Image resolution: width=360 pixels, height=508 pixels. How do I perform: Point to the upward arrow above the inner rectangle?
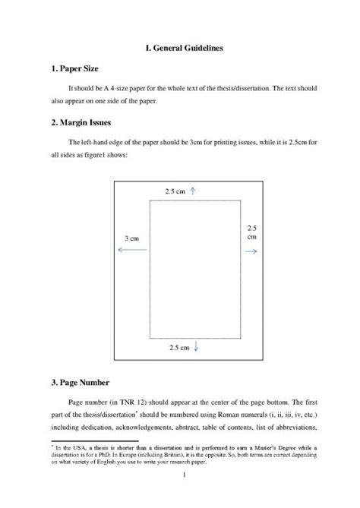click(x=194, y=191)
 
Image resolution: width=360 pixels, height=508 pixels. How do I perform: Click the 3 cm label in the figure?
click(x=130, y=238)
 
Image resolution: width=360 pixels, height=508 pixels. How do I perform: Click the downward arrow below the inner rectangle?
click(x=197, y=347)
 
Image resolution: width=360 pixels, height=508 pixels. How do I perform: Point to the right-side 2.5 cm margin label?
click(x=252, y=232)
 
